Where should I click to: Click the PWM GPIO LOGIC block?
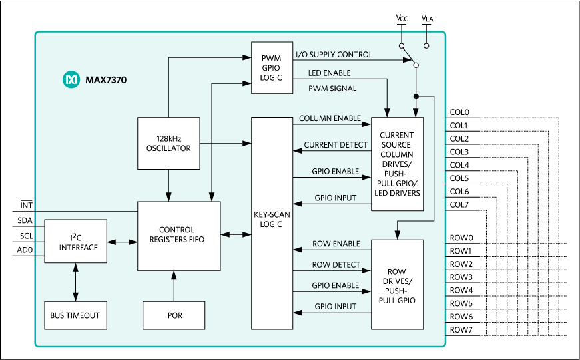[271, 68]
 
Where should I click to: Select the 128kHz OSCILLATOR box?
[168, 143]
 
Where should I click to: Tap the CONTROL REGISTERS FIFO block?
[178, 236]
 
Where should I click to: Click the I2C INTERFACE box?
[75, 242]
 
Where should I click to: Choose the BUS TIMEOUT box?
[75, 315]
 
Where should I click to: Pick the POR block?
[174, 315]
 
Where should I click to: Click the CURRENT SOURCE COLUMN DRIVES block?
[396, 164]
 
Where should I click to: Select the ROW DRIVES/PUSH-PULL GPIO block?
[397, 284]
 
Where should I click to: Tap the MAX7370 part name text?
[106, 81]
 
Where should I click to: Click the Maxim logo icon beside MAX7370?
[71, 80]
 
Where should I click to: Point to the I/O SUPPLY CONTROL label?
[334, 55]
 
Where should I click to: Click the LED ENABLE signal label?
[329, 73]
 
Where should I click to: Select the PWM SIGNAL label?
[332, 89]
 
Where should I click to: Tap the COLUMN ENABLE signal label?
[329, 118]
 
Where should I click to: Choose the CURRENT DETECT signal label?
[336, 145]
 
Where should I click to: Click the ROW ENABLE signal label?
[336, 244]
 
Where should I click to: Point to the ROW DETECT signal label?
[336, 265]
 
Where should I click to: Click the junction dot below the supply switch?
[416, 96]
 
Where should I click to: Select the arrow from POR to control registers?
[174, 286]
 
